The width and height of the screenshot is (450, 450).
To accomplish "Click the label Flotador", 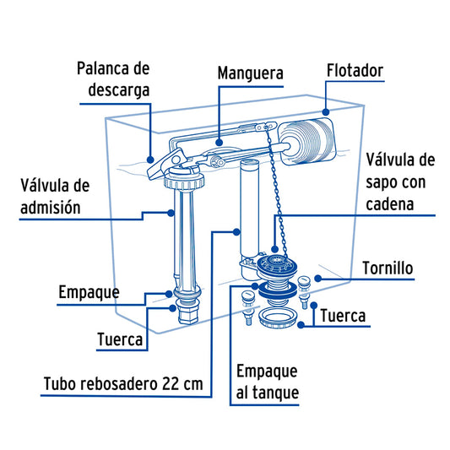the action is pyautogui.click(x=355, y=71).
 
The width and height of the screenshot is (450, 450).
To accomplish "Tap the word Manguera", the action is pyautogui.click(x=250, y=73).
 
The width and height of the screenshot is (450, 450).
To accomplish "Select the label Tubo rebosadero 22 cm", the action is pyautogui.click(x=123, y=383).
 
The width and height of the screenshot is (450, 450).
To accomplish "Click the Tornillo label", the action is pyautogui.click(x=388, y=268).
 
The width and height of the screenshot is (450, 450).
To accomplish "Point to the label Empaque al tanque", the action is pyautogui.click(x=267, y=382).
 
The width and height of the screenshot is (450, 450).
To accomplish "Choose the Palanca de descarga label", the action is pyautogui.click(x=114, y=79).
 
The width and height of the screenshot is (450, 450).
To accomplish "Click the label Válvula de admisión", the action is pyautogui.click(x=55, y=197).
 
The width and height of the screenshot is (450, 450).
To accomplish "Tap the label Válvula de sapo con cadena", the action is pyautogui.click(x=400, y=182).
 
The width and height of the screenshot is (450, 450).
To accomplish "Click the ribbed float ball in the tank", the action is pyautogui.click(x=307, y=142).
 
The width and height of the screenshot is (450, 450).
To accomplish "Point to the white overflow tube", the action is pyautogui.click(x=249, y=209).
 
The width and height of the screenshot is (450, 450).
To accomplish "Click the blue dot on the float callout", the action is pyautogui.click(x=325, y=112).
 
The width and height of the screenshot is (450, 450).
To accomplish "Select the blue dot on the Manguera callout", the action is pyautogui.click(x=220, y=143).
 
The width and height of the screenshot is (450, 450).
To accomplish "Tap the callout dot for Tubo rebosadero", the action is pyautogui.click(x=236, y=232).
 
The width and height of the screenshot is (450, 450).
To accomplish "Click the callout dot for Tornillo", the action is pyautogui.click(x=317, y=278).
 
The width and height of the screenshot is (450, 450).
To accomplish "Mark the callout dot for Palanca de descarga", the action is pyautogui.click(x=150, y=160).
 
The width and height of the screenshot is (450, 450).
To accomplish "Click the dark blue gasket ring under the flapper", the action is pyautogui.click(x=278, y=290).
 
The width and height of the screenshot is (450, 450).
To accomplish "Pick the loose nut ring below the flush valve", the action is pyautogui.click(x=278, y=318).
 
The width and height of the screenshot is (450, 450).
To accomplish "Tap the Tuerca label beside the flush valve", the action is pyautogui.click(x=343, y=316).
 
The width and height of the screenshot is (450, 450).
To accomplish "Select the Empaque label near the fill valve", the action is pyautogui.click(x=89, y=293).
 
